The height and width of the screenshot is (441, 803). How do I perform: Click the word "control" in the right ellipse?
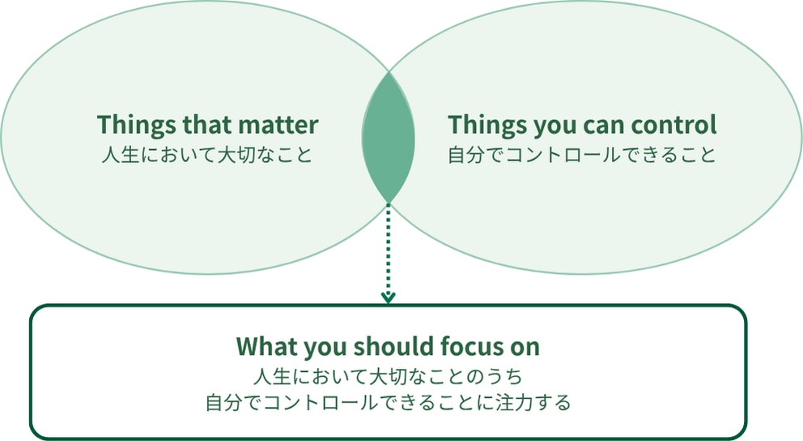pos(673,125)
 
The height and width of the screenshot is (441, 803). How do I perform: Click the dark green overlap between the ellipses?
pos(389,138)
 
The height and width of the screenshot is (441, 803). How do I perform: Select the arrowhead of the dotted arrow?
pos(389,298)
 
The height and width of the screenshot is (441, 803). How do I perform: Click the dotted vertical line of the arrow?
pos(389,249)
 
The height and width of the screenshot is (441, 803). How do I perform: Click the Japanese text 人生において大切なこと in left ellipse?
pos(207,154)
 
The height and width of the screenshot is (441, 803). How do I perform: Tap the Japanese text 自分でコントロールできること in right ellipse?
pos(582,154)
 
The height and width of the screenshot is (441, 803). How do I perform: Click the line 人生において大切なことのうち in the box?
pos(389,376)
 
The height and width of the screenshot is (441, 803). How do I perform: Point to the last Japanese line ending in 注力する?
pos(389,402)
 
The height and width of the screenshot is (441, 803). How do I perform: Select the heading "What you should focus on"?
pos(389,347)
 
